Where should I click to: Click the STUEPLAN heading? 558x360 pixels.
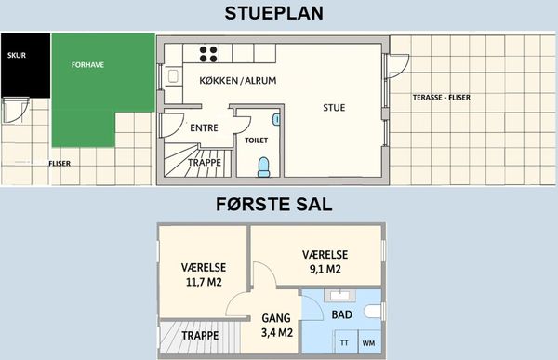[x=274, y=13]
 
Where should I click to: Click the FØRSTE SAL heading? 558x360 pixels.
[x=274, y=205]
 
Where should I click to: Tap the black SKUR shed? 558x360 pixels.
[x=26, y=65]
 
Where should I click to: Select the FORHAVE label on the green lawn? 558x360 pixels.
[x=87, y=65]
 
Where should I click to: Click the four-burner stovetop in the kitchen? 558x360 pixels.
[x=208, y=54]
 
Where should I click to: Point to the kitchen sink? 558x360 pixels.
[x=173, y=76]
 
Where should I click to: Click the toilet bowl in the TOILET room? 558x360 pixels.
[x=264, y=167]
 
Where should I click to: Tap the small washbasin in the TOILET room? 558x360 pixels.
[x=276, y=119]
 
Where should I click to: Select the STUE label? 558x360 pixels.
[x=334, y=108]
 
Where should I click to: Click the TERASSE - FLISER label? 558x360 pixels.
[x=442, y=98]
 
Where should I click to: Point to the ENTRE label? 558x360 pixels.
[x=204, y=127]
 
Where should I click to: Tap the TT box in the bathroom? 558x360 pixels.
[x=344, y=343]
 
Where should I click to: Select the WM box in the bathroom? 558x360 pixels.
[x=368, y=343]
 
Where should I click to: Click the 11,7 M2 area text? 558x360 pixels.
[x=204, y=283]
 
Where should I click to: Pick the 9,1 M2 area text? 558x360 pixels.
[x=325, y=269]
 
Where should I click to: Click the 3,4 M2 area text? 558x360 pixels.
[x=277, y=333]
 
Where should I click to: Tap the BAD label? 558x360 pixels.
[x=342, y=314]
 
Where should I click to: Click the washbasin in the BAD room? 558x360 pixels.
[x=339, y=296]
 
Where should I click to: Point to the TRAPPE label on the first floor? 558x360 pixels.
[x=200, y=336]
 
